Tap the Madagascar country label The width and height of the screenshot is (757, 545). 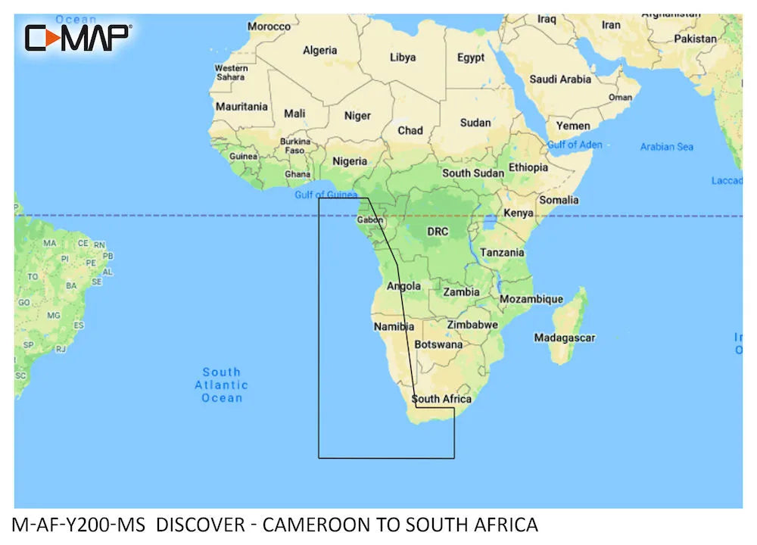[564, 338]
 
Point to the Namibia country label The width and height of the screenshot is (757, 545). [394, 326]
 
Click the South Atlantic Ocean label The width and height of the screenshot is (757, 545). [222, 385]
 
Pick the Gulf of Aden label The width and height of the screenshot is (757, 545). [575, 144]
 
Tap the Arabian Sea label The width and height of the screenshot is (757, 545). [666, 146]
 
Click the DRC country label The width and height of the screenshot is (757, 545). [438, 231]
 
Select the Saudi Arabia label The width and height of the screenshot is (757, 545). [560, 79]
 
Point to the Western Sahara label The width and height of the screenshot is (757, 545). [231, 72]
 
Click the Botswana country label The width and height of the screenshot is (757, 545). [439, 344]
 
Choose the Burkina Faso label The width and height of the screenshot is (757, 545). [295, 145]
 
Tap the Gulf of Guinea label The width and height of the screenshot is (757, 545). [326, 195]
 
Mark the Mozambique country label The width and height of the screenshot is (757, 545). [531, 299]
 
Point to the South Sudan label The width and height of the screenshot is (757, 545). [472, 173]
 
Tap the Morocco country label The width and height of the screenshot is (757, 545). [269, 26]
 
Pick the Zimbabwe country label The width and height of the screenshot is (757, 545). [472, 324]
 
